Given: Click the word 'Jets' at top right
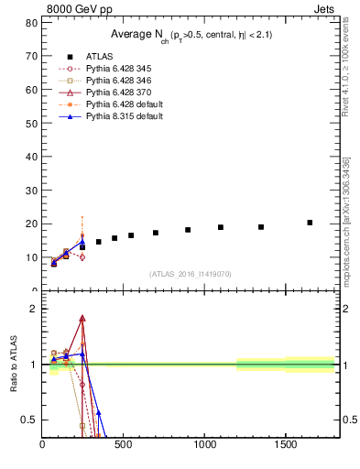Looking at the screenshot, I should point(324,10).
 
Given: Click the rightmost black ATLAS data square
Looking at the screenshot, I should point(310,223).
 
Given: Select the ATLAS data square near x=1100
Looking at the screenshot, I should point(221,227).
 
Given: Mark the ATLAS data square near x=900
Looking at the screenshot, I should point(188,230).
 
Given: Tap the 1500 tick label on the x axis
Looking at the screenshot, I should point(285,446).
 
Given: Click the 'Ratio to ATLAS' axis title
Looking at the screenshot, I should point(14,365).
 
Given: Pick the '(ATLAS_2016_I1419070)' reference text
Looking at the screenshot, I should point(190,273).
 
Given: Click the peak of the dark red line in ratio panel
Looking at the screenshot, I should point(82,318).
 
